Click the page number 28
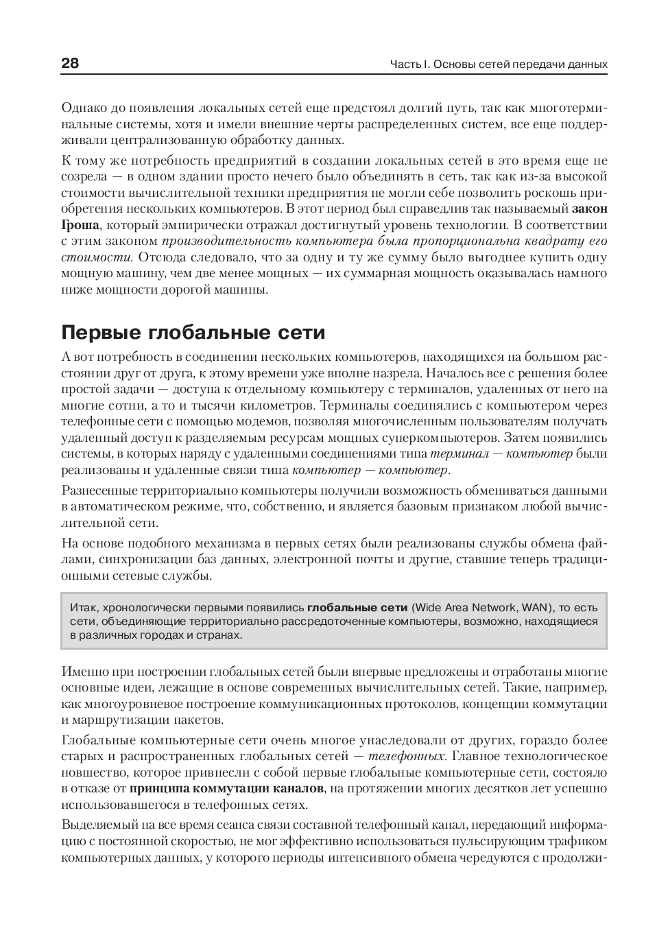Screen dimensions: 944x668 tap(70, 64)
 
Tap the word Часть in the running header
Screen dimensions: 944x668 tap(405, 64)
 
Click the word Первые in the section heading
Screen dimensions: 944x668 tap(101, 333)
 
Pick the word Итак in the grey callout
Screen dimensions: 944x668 tap(84, 607)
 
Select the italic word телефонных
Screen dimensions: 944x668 tap(406, 757)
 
